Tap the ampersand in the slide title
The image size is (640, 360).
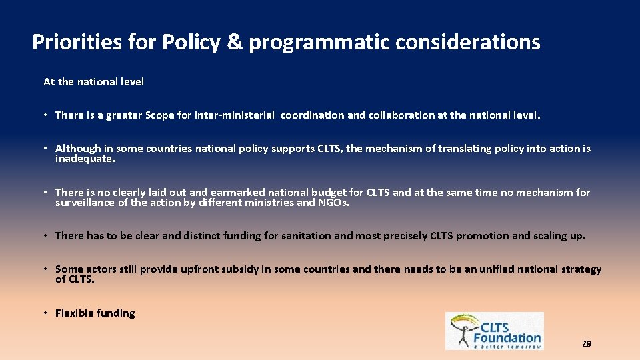(x=234, y=43)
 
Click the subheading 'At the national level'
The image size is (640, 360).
(x=93, y=82)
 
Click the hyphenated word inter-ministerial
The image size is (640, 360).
(x=234, y=115)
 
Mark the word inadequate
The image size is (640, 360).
(x=85, y=159)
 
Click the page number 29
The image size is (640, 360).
(x=586, y=344)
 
